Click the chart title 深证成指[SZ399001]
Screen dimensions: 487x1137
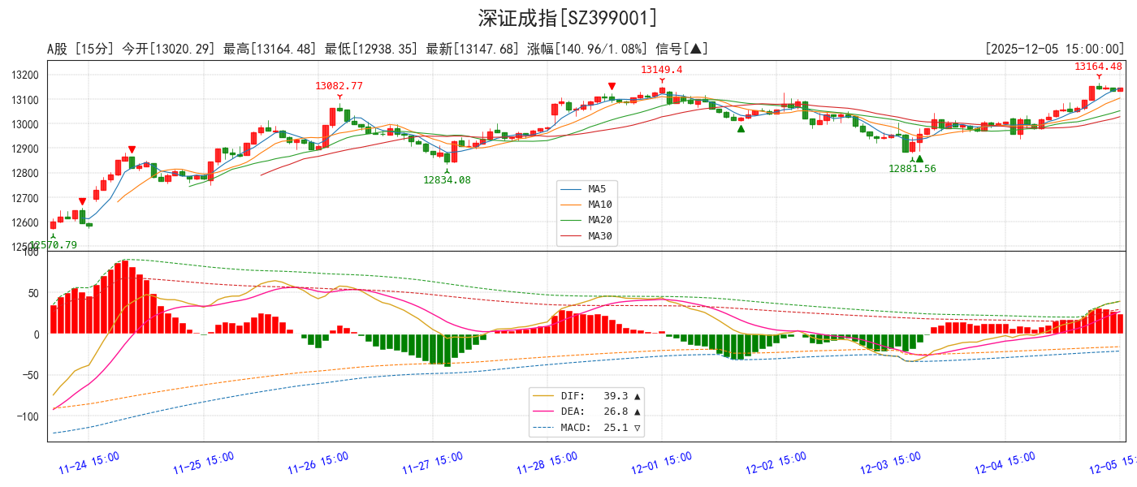pyautogui.click(x=568, y=18)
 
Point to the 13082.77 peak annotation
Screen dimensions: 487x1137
pyautogui.click(x=339, y=85)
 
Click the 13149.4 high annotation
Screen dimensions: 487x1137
pyautogui.click(x=661, y=70)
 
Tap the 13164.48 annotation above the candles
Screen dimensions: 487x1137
pyautogui.click(x=1098, y=67)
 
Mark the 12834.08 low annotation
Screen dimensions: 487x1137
pyautogui.click(x=447, y=180)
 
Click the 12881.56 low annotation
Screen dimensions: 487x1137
pyautogui.click(x=911, y=169)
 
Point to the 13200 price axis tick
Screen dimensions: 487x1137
pyautogui.click(x=24, y=75)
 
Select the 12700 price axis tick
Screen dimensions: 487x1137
pyautogui.click(x=24, y=198)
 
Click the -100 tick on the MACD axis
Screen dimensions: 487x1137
pyautogui.click(x=29, y=416)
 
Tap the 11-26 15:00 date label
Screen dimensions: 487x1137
pyautogui.click(x=318, y=463)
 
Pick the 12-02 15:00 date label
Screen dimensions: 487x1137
pyautogui.click(x=776, y=463)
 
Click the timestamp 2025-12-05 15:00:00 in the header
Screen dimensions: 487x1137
pyautogui.click(x=1054, y=50)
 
